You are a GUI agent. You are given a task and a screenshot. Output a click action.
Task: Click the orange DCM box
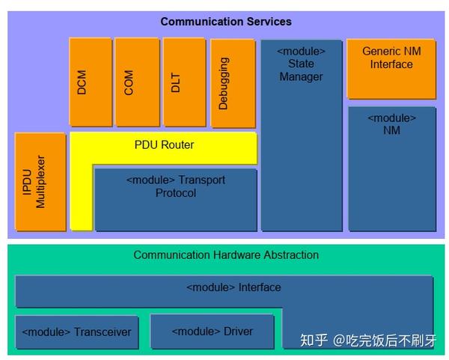(90, 82)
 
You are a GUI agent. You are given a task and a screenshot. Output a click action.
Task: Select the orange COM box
(136, 82)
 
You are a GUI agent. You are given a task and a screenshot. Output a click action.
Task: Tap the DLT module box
(183, 82)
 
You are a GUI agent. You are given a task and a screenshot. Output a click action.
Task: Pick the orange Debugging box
(232, 83)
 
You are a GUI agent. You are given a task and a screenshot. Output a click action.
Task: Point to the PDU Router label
(164, 144)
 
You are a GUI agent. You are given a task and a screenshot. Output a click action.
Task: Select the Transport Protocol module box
(175, 199)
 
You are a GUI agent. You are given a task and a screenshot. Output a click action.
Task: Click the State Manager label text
(301, 70)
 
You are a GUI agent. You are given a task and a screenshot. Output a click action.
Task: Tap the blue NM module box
(391, 168)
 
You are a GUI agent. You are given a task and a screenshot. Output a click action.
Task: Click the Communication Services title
(226, 22)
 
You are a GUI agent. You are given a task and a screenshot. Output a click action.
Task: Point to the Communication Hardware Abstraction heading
(226, 254)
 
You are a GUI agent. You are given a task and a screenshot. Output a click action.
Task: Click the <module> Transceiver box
(76, 332)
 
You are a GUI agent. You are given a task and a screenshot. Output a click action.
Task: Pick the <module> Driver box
(212, 331)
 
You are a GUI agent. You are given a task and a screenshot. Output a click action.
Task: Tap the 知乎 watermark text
(314, 341)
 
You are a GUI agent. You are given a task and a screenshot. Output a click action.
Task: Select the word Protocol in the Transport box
(176, 193)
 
